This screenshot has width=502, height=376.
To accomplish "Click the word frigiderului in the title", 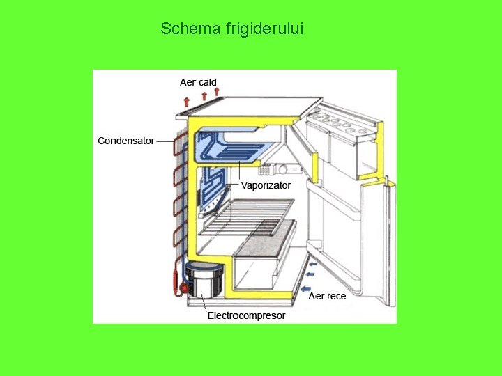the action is pos(264,29).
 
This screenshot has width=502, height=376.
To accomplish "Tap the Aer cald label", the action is pos(198,82).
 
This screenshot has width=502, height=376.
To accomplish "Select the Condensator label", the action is pos(126,141).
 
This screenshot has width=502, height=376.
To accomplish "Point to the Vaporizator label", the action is pos(266,186).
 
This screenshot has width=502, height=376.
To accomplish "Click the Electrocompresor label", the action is pos(246,315).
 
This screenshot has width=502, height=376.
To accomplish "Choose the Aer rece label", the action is pos(327,296).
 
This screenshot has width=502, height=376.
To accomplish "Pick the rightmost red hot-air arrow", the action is pos(217,91).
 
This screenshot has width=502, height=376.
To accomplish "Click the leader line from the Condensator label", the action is pos(165,141).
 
